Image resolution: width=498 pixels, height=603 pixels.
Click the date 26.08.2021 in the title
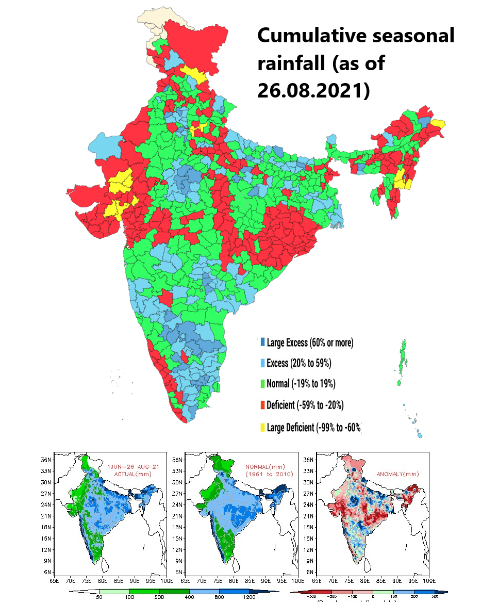click(x=313, y=90)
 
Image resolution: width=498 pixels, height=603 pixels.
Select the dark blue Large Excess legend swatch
click(x=263, y=342)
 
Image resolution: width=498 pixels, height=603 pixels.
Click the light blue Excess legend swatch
click(x=263, y=363)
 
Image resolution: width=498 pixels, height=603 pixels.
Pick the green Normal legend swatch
click(x=263, y=384)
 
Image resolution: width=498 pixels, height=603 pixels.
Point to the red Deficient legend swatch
click(x=263, y=405)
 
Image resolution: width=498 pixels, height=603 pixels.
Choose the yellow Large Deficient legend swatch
click(x=263, y=428)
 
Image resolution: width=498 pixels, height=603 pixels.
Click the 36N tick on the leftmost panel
click(x=46, y=460)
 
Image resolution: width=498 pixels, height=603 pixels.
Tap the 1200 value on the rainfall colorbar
click(x=250, y=597)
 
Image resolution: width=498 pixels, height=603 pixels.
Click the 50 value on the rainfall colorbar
click(x=98, y=597)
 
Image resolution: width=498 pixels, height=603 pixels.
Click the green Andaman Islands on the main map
click(x=401, y=362)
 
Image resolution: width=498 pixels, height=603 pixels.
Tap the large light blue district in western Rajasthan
click(x=106, y=146)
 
